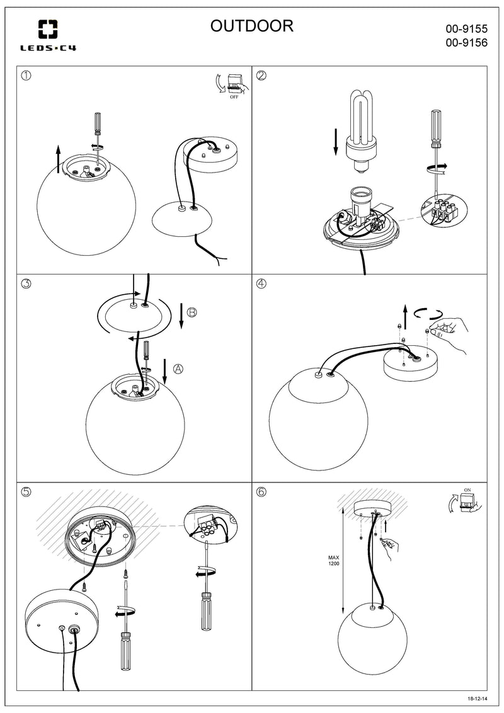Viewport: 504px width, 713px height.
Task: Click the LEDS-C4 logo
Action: pyautogui.click(x=48, y=35)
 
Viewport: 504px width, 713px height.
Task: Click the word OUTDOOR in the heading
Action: pyautogui.click(x=252, y=26)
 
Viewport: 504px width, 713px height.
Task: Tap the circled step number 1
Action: pyautogui.click(x=26, y=76)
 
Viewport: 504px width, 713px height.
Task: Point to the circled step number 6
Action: pyautogui.click(x=261, y=492)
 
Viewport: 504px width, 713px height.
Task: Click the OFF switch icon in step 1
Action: pyautogui.click(x=233, y=84)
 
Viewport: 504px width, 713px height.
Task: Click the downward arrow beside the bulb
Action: pyautogui.click(x=336, y=142)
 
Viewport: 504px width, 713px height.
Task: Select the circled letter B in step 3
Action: pyautogui.click(x=192, y=312)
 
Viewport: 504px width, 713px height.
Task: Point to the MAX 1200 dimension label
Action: pyautogui.click(x=334, y=561)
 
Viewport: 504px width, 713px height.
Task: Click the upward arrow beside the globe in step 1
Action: pyautogui.click(x=58, y=158)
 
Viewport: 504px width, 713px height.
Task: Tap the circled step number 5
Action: pyautogui.click(x=26, y=492)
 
